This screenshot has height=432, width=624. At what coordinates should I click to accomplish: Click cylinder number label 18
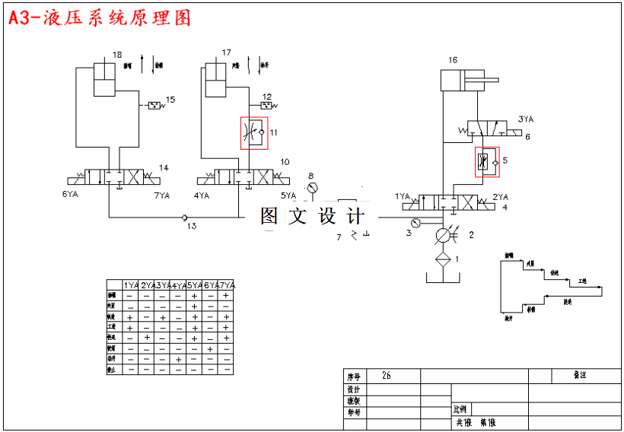pyautogui.click(x=116, y=54)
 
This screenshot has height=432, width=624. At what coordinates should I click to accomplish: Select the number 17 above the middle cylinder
pyautogui.click(x=226, y=52)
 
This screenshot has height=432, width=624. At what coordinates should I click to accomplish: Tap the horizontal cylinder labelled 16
pyautogui.click(x=464, y=80)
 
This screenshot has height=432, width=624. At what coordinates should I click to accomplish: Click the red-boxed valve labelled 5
pyautogui.click(x=486, y=162)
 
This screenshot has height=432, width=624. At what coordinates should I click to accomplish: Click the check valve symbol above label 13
pyautogui.click(x=186, y=218)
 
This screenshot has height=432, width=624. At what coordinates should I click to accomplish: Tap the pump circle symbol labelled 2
pyautogui.click(x=443, y=236)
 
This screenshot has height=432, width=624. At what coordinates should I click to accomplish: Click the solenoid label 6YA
pyautogui.click(x=71, y=195)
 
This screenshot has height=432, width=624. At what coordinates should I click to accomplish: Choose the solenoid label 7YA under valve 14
pyautogui.click(x=162, y=195)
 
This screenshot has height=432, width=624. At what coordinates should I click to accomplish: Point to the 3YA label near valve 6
pyautogui.click(x=526, y=119)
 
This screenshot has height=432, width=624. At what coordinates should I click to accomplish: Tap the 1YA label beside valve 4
pyautogui.click(x=403, y=196)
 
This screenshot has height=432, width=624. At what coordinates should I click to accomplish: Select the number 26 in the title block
pyautogui.click(x=387, y=376)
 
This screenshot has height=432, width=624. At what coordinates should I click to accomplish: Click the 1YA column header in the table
pyautogui.click(x=131, y=285)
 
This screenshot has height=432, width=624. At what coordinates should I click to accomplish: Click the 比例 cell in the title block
pyautogui.click(x=462, y=409)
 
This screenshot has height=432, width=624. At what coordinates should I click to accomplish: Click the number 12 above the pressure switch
pyautogui.click(x=266, y=96)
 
